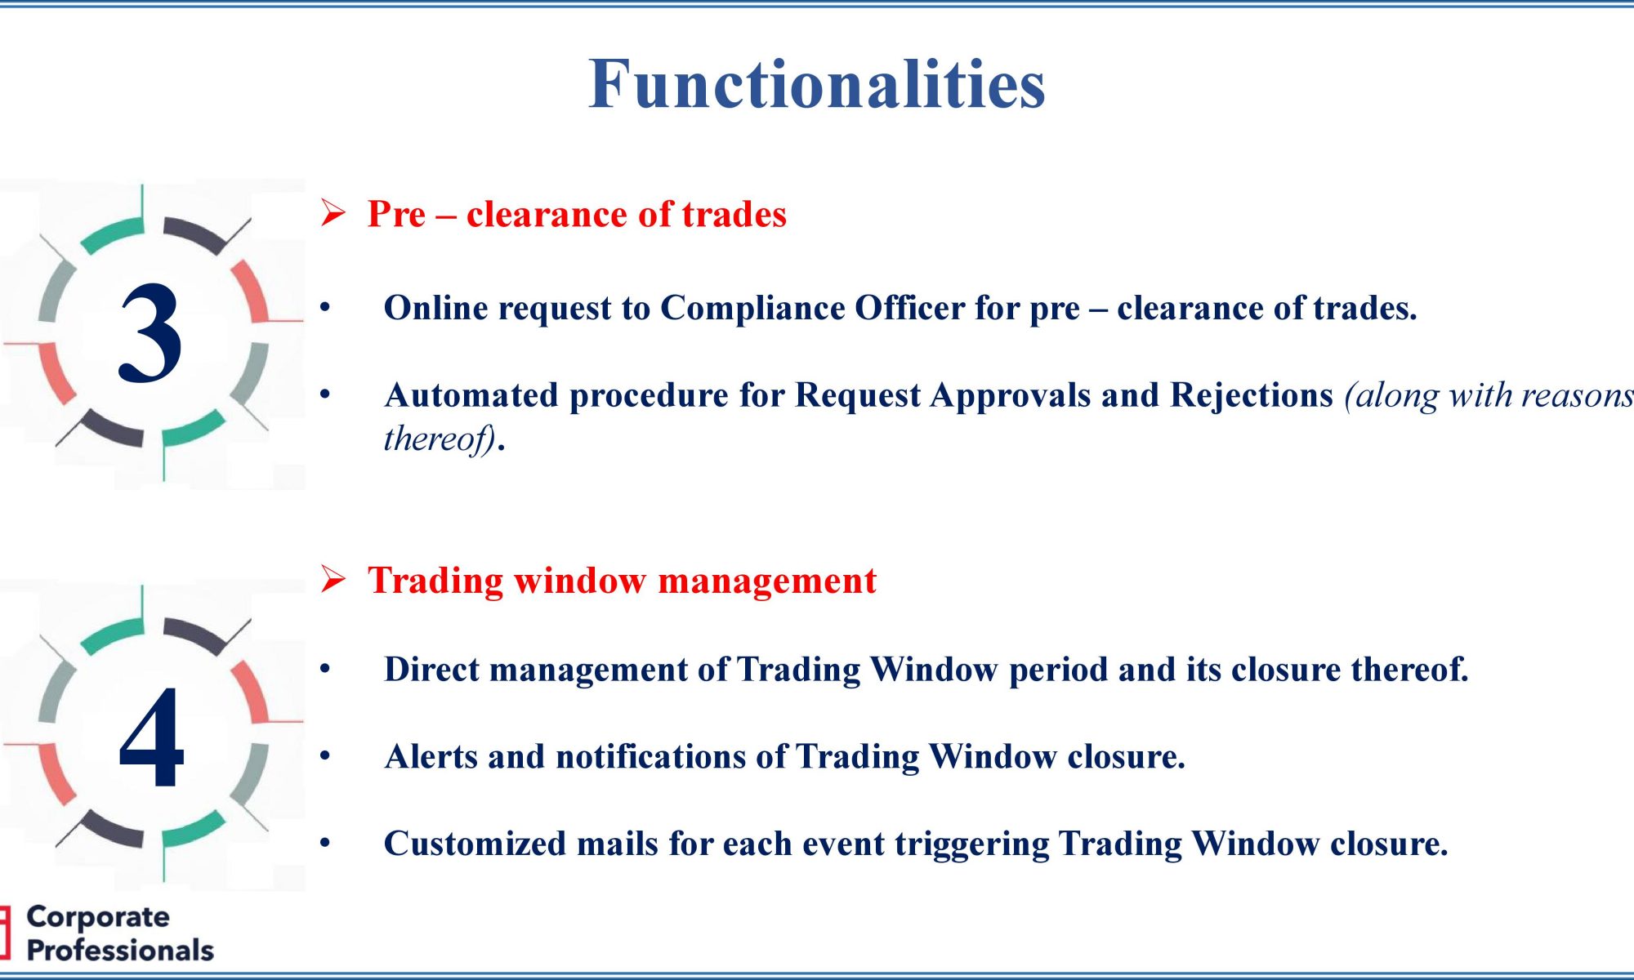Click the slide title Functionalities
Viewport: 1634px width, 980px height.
[817, 83]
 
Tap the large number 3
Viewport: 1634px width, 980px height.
[150, 332]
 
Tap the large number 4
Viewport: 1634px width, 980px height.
[152, 737]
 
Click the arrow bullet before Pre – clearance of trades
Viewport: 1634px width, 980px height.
[333, 213]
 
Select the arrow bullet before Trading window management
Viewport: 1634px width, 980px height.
[333, 579]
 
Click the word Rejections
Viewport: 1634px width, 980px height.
[1252, 396]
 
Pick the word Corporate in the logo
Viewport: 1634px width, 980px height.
[98, 917]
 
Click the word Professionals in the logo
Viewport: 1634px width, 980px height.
[120, 951]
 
